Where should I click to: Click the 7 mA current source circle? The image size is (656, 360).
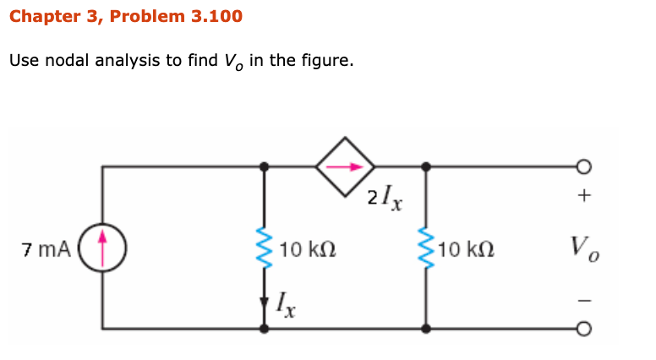point(102,248)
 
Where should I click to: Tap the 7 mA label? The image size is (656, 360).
point(47,249)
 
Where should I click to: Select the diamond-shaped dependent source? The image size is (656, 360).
point(345,166)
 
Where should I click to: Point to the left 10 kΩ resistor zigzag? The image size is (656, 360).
point(265,251)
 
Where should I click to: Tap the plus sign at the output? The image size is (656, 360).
point(582,196)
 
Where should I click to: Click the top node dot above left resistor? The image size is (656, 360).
point(265,166)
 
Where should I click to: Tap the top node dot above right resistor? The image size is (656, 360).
point(425,166)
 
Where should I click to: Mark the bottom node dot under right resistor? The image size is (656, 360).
point(425,329)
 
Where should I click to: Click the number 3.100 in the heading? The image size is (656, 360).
point(211,16)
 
